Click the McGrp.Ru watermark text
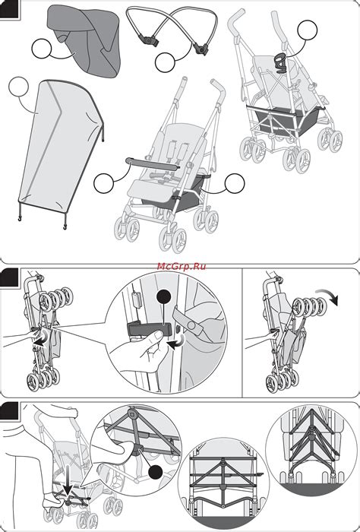coord(182,266)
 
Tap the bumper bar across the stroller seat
coord(152,163)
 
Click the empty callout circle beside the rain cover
coord(19,87)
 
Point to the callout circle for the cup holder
coord(308,30)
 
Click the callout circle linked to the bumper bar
coord(103,183)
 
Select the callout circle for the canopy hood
coord(41,49)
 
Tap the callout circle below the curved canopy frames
coord(165,62)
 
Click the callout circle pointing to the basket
coord(235,183)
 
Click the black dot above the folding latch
coord(165,298)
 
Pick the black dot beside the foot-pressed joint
coord(156,473)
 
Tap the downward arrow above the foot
coord(68,482)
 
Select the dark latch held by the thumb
coord(149,329)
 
